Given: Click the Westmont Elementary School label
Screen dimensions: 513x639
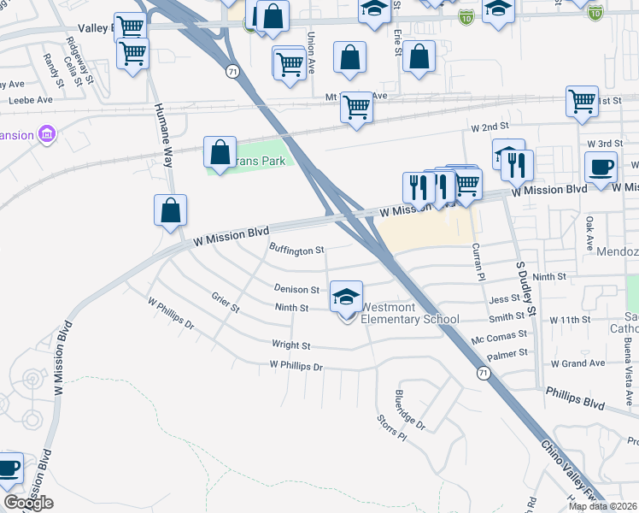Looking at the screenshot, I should point(410,313).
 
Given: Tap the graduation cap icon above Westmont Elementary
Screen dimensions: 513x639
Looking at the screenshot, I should point(346,297).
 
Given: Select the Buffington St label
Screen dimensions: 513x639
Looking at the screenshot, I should point(296,251).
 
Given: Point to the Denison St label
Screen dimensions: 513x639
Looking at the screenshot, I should point(296,290).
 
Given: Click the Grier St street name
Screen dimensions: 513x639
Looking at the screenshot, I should point(226,302).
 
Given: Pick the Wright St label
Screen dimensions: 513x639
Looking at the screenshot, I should point(290,345).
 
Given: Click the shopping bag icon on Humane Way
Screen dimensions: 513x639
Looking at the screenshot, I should point(171,210).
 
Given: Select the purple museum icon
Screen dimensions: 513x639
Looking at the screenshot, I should point(46,135).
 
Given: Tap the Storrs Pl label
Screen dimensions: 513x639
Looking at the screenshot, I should point(392,427).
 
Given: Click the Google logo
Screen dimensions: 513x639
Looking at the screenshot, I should point(29,503).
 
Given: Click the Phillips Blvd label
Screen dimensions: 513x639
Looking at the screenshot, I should point(575,397).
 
